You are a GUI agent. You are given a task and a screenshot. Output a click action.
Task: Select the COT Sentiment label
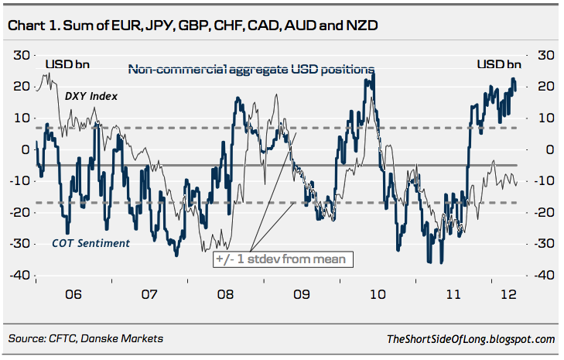pyautogui.click(x=90, y=243)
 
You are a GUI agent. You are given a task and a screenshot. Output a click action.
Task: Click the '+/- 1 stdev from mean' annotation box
pyautogui.click(x=282, y=259)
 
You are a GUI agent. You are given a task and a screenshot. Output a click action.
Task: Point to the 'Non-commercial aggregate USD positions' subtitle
pyautogui.click(x=251, y=69)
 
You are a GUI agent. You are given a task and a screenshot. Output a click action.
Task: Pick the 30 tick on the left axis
pyautogui.click(x=21, y=55)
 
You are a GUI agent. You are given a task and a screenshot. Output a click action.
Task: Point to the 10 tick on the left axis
pyautogui.click(x=21, y=118)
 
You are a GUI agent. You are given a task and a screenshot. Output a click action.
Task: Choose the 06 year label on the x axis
pyautogui.click(x=73, y=295)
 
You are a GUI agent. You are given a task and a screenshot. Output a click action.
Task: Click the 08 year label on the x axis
pyautogui.click(x=225, y=295)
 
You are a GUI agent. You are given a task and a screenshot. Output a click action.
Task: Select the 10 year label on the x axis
pyautogui.click(x=378, y=295)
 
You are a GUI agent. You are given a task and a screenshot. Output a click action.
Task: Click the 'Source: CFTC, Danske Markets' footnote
pyautogui.click(x=86, y=338)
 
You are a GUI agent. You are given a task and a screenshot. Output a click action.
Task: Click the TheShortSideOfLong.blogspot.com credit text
pyautogui.click(x=470, y=338)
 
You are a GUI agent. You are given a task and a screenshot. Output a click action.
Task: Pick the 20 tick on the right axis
pyautogui.click(x=545, y=86)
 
